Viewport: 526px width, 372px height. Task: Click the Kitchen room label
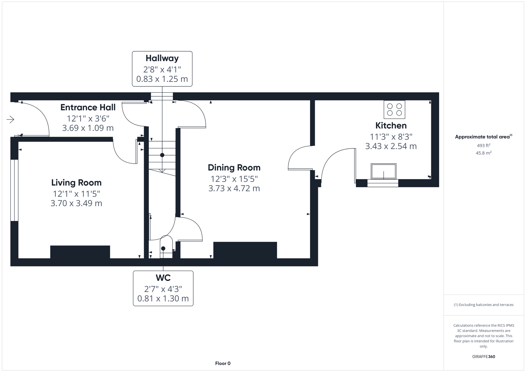pyautogui.click(x=391, y=125)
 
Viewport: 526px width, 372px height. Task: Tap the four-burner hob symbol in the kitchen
pyautogui.click(x=394, y=110)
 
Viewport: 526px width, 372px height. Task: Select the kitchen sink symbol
pyautogui.click(x=383, y=171)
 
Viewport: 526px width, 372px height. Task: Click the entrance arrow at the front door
pyautogui.click(x=10, y=120)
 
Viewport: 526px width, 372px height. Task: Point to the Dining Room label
pyautogui.click(x=234, y=168)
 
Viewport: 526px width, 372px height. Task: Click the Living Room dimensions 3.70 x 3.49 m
pyautogui.click(x=76, y=203)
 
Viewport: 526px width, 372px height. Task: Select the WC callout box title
pyautogui.click(x=163, y=278)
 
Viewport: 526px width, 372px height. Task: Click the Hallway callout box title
pyautogui.click(x=162, y=58)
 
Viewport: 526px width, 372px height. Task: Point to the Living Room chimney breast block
pyautogui.click(x=80, y=252)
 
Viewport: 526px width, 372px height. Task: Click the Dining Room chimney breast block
pyautogui.click(x=245, y=250)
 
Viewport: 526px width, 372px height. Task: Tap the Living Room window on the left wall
pyautogui.click(x=14, y=190)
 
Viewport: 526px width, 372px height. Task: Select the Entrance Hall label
pyautogui.click(x=88, y=107)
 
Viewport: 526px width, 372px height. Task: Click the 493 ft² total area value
pyautogui.click(x=483, y=146)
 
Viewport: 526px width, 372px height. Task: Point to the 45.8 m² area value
pyautogui.click(x=483, y=153)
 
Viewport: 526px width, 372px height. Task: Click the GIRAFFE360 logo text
pyautogui.click(x=483, y=356)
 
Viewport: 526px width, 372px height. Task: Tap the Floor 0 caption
pyautogui.click(x=223, y=363)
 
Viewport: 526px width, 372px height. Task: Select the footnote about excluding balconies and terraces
pyautogui.click(x=483, y=305)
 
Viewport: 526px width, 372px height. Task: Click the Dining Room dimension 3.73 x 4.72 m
pyautogui.click(x=234, y=188)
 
